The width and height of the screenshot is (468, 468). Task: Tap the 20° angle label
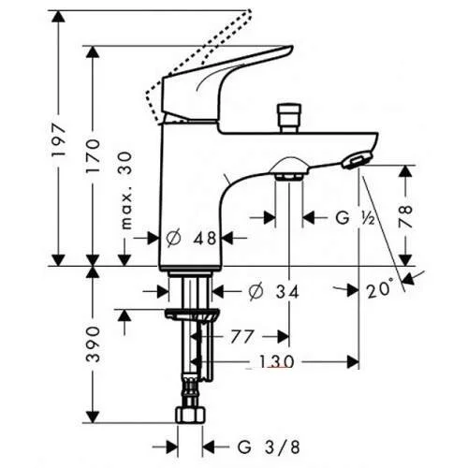click(x=380, y=289)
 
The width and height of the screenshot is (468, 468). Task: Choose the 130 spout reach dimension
click(x=278, y=361)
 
